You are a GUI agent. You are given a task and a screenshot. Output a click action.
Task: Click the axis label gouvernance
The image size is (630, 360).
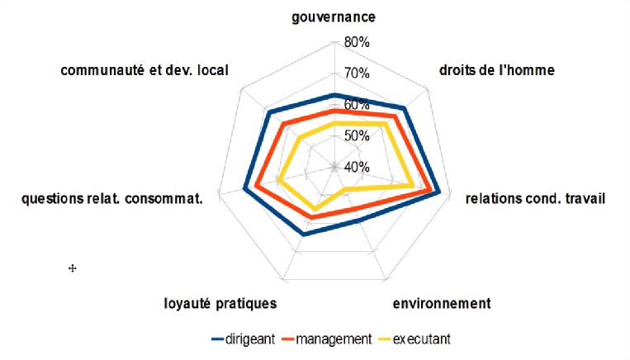(334, 17)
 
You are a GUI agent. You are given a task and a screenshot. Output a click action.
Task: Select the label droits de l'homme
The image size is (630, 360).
(495, 70)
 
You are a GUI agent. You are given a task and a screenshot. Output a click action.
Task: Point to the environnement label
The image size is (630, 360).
(441, 303)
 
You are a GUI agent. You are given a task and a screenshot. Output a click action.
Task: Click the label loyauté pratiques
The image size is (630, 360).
(220, 303)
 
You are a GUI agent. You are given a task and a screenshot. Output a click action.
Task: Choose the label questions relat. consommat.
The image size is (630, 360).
(112, 198)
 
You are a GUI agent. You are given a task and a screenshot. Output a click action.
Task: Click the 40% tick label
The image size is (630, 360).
(357, 167)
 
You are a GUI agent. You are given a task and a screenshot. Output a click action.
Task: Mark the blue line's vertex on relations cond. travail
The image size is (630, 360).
(439, 192)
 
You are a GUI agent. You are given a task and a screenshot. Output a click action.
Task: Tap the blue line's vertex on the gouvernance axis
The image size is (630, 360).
(334, 95)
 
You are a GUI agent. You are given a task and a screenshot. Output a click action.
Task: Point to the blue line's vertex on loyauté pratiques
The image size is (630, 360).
(304, 234)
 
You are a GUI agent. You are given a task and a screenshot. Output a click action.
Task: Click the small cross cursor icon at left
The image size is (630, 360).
(72, 268)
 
